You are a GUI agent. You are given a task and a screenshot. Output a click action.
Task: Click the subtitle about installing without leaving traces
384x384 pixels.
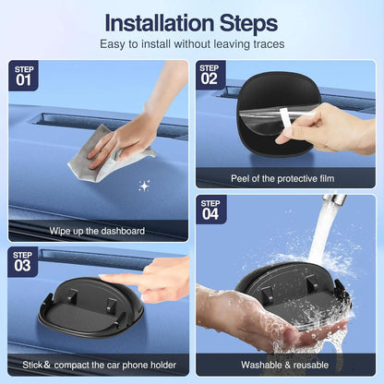point(191,43)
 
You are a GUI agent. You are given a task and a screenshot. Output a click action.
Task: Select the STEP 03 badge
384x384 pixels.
point(23,262)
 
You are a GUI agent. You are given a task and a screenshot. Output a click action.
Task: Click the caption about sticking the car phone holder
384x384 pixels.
point(95,366)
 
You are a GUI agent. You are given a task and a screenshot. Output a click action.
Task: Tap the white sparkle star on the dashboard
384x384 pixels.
point(144,186)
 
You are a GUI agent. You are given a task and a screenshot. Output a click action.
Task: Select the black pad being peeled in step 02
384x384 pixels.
point(258,109)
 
